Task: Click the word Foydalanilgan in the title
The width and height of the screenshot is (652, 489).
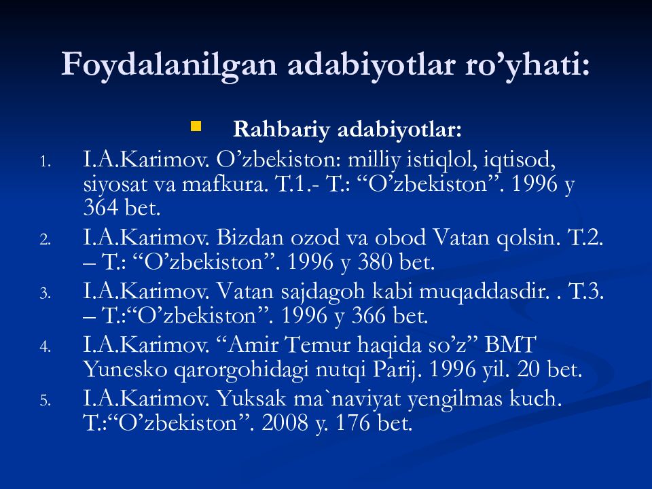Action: point(169,65)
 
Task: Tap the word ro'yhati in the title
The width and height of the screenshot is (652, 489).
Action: point(527,65)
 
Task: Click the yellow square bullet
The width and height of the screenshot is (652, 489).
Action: point(196,126)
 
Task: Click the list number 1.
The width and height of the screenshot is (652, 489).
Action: point(46,162)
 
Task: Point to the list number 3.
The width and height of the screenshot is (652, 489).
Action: point(46,293)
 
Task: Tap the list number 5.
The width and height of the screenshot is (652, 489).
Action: point(46,401)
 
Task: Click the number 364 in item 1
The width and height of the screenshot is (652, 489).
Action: point(101,208)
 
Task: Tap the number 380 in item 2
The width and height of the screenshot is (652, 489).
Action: point(375,262)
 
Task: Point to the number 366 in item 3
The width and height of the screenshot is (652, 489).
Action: point(369,316)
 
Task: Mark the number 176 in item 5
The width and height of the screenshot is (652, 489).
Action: point(353,423)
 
